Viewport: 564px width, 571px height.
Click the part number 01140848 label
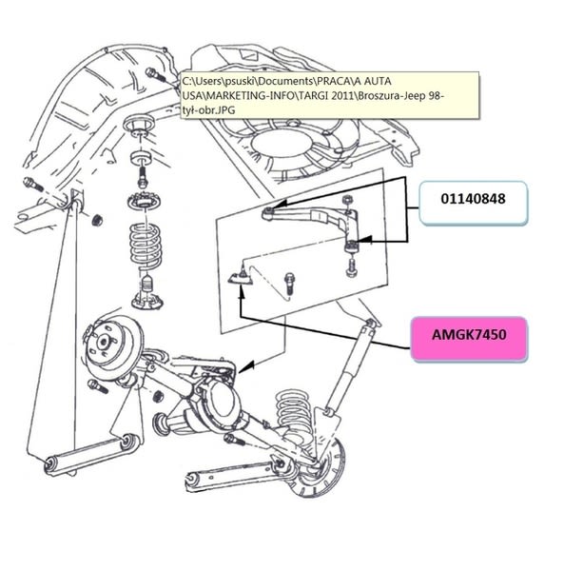point(473,199)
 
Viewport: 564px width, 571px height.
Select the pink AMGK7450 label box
point(469,339)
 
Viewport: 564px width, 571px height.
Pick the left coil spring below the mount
point(145,246)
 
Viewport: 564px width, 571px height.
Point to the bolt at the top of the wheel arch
point(155,75)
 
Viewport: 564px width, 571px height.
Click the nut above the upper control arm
point(347,200)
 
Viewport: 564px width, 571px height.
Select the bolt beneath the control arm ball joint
point(352,267)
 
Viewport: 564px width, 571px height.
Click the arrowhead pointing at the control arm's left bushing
point(280,204)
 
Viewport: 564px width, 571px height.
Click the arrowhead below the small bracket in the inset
point(242,291)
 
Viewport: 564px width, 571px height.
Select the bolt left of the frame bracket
point(33,185)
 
